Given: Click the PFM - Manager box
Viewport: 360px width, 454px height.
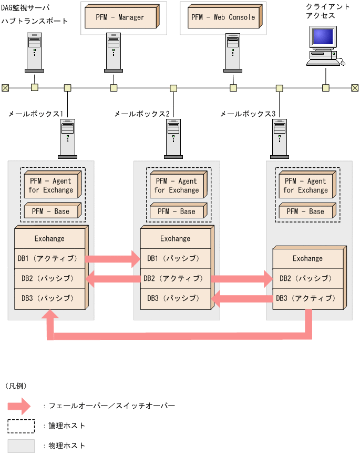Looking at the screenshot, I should pos(120,17).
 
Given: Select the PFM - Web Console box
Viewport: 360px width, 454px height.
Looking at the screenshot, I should pos(223,17).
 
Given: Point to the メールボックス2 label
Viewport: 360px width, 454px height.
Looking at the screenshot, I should pos(142,114).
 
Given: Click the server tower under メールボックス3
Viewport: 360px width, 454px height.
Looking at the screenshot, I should pos(280,138).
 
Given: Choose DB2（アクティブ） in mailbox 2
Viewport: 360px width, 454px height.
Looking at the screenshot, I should pos(175,278).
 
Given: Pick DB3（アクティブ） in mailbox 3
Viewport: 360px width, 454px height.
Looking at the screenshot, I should pos(307,298).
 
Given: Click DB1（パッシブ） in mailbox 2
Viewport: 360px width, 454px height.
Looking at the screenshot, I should pos(175,258).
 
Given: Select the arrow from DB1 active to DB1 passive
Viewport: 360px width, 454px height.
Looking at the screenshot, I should pos(112,258).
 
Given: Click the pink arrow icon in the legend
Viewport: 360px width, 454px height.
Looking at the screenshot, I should pos(22,406).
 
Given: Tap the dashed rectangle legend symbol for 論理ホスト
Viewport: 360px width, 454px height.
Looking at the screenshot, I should pos(21,426).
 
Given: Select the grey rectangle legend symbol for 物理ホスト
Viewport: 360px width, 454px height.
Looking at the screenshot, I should pos(21,446).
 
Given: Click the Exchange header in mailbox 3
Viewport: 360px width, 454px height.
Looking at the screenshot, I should pos(307,258).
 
